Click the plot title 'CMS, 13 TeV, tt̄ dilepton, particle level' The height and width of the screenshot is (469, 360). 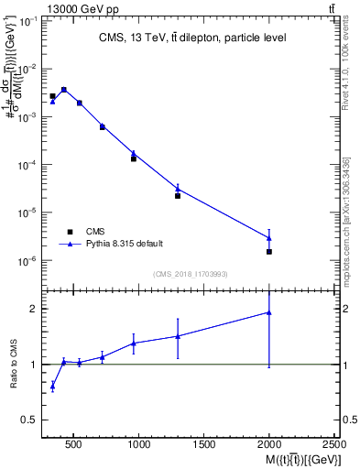tap(191, 38)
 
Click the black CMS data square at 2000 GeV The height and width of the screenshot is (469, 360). tap(269, 251)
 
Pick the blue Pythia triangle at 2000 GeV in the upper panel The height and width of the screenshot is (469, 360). tap(269, 238)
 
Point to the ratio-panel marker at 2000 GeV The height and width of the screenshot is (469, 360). tap(269, 312)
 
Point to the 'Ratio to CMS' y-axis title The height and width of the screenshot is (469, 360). tap(14, 365)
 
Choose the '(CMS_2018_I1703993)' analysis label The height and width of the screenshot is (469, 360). tap(191, 274)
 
